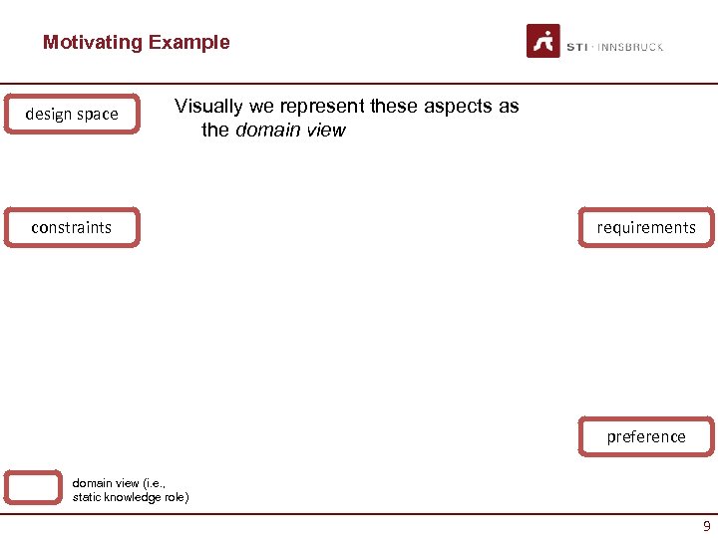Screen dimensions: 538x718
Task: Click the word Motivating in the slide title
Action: click(93, 43)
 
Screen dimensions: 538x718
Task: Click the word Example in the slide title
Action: click(188, 43)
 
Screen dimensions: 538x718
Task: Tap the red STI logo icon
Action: click(543, 41)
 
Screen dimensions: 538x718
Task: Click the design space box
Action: click(72, 114)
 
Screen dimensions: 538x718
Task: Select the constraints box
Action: click(72, 227)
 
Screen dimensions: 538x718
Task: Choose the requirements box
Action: click(646, 227)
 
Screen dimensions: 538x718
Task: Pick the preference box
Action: click(646, 436)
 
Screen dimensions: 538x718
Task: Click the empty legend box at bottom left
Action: click(33, 487)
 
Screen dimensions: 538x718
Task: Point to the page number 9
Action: click(706, 526)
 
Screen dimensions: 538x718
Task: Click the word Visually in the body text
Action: click(208, 107)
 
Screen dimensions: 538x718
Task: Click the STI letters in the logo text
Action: click(576, 47)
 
